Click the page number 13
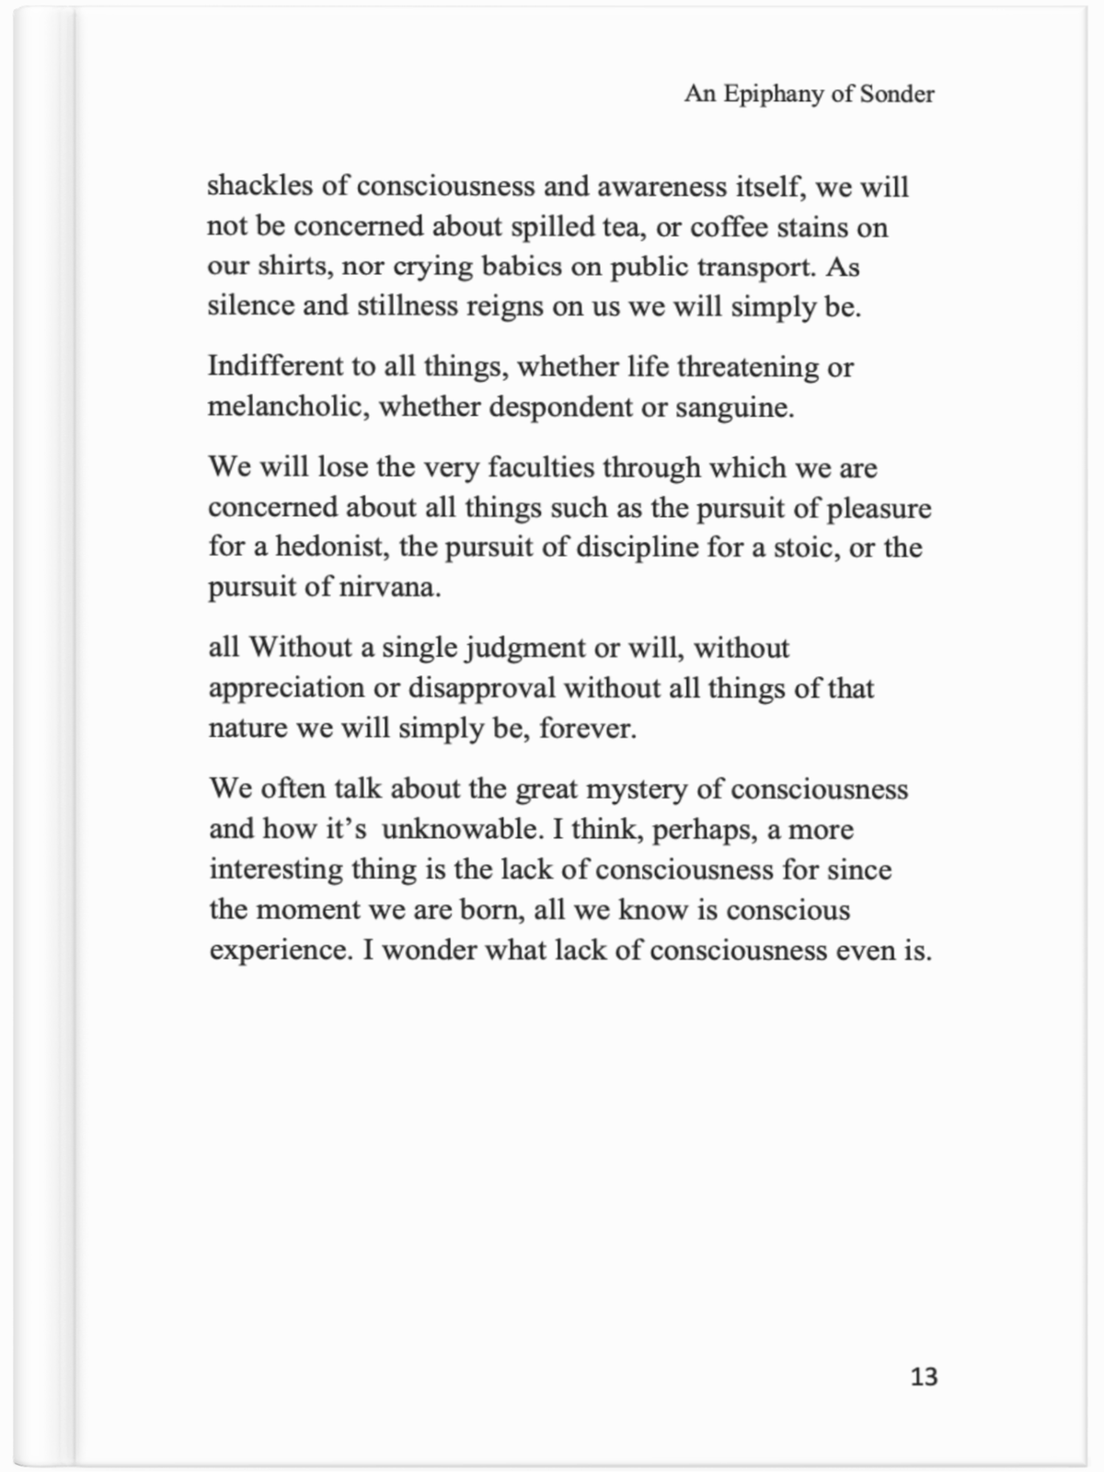point(924,1376)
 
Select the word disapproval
point(481,688)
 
